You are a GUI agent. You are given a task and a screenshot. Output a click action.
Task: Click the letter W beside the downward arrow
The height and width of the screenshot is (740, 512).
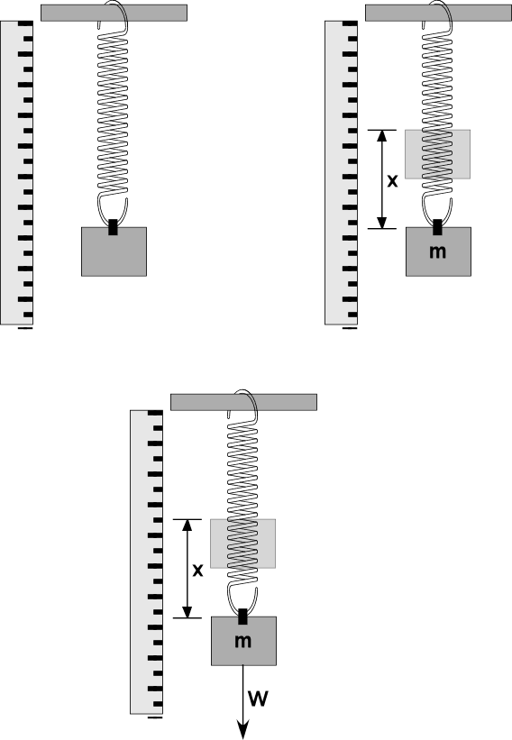pyautogui.click(x=258, y=698)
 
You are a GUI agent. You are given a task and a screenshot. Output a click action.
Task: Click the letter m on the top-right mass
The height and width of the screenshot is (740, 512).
pyautogui.click(x=437, y=251)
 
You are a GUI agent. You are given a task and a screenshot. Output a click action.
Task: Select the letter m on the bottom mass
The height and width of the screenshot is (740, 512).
pyautogui.click(x=242, y=641)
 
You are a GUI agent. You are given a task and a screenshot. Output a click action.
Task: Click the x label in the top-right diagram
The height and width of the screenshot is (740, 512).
pyautogui.click(x=392, y=181)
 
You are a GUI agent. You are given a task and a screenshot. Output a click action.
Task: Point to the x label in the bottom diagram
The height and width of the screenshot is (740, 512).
pyautogui.click(x=197, y=571)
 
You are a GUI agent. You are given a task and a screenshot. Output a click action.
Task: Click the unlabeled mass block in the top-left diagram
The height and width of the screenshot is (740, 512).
pyautogui.click(x=114, y=251)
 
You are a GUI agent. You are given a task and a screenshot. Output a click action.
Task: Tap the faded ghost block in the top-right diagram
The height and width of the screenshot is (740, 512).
pyautogui.click(x=437, y=154)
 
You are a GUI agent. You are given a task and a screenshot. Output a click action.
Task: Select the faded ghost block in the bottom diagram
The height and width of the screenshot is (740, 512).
pyautogui.click(x=242, y=544)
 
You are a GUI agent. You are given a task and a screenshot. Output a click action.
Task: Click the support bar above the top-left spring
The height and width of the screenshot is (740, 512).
pyautogui.click(x=114, y=13)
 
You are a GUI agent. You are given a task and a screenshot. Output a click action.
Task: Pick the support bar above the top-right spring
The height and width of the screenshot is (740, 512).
pyautogui.click(x=438, y=13)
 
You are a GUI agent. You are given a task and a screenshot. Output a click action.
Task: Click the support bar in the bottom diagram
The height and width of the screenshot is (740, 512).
pyautogui.click(x=243, y=402)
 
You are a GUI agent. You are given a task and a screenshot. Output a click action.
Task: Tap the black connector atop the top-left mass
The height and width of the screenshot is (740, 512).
pyautogui.click(x=113, y=227)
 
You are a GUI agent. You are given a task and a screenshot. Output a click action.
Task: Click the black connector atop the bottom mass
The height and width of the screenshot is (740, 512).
pyautogui.click(x=242, y=617)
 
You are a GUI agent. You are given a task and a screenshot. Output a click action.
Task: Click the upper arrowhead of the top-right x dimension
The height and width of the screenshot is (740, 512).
pyautogui.click(x=382, y=136)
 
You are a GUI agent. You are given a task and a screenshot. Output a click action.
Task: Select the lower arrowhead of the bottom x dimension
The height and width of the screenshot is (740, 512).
pyautogui.click(x=187, y=612)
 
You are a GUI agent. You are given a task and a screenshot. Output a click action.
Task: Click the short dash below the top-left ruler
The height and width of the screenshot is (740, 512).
pyautogui.click(x=25, y=328)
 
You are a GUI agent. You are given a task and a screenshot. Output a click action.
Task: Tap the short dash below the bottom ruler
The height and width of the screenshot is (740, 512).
pyautogui.click(x=155, y=717)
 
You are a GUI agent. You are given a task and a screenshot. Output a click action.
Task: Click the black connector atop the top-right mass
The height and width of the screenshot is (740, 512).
pyautogui.click(x=437, y=227)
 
